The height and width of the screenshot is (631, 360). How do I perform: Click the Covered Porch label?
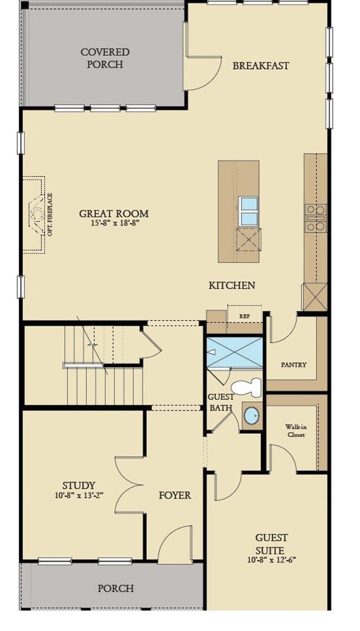pos(105,58)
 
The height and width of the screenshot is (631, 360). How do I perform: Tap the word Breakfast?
pos(261,65)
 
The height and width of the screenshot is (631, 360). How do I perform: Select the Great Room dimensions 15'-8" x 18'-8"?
pos(115,223)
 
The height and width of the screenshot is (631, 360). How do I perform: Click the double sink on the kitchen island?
pos(249,212)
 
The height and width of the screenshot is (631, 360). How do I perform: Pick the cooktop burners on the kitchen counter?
pos(316,218)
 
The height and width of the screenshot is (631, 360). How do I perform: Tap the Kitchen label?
pos(232,285)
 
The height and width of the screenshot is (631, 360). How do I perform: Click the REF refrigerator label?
pos(245,316)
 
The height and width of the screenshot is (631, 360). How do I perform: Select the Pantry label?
pos(294,365)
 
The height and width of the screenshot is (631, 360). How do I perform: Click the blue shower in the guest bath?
pos(234,352)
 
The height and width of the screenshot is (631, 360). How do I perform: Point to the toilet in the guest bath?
pos(246,387)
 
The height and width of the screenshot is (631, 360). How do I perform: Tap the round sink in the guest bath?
pos(252,415)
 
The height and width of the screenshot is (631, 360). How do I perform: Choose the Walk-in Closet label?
pos(295,430)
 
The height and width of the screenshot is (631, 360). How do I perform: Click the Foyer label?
pos(175,495)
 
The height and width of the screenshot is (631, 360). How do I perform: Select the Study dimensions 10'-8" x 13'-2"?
pos(79,495)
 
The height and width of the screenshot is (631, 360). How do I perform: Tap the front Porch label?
pos(116,588)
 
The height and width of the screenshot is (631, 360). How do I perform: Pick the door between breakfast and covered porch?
pos(202,73)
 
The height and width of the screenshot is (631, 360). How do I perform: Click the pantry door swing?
pos(283,328)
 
